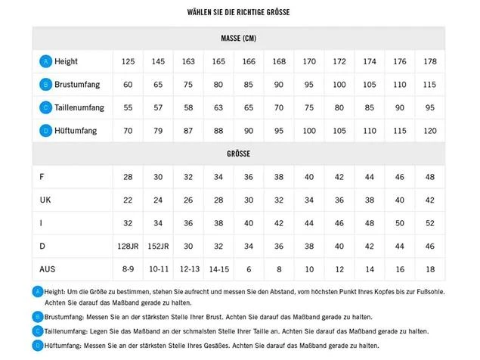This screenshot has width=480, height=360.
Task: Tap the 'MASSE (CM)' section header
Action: pos(238,38)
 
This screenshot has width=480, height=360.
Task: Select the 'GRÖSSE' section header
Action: pos(238,154)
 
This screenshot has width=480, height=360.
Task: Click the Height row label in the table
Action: pos(66,61)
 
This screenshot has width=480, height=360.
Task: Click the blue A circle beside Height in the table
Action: pos(46,61)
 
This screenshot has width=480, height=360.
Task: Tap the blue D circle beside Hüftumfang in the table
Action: pos(46,131)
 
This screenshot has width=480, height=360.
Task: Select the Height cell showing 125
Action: pos(128,61)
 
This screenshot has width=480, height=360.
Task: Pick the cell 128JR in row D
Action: pos(128,247)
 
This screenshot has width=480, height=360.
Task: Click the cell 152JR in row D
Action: pos(158,247)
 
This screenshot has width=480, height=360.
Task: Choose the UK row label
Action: pos(45,200)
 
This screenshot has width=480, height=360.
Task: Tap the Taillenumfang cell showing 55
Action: pos(128,107)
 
